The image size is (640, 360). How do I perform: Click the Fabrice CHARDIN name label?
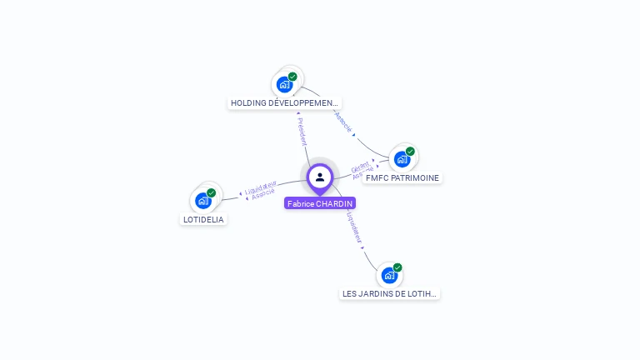click(320, 203)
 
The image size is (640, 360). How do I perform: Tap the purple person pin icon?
click(320, 177)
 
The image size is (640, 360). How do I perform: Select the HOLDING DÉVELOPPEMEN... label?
click(285, 103)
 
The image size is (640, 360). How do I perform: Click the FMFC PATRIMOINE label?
click(402, 177)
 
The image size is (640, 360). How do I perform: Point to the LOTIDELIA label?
click(204, 219)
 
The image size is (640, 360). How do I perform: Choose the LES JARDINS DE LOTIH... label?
click(389, 293)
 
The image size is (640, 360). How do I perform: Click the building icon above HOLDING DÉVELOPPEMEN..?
click(285, 84)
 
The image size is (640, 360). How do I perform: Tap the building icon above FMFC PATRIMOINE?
click(402, 158)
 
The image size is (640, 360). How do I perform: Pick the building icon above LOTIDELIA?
click(203, 200)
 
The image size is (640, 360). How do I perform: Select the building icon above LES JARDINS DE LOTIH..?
click(389, 275)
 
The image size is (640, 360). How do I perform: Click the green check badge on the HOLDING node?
click(292, 77)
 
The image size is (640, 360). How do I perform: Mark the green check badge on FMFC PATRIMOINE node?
click(410, 151)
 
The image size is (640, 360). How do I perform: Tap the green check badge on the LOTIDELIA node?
click(212, 192)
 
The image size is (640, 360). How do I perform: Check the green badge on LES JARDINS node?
click(397, 267)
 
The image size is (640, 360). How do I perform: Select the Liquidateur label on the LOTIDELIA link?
click(260, 186)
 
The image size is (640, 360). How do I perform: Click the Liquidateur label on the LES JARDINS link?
click(354, 227)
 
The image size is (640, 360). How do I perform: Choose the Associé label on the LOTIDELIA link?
click(263, 193)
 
